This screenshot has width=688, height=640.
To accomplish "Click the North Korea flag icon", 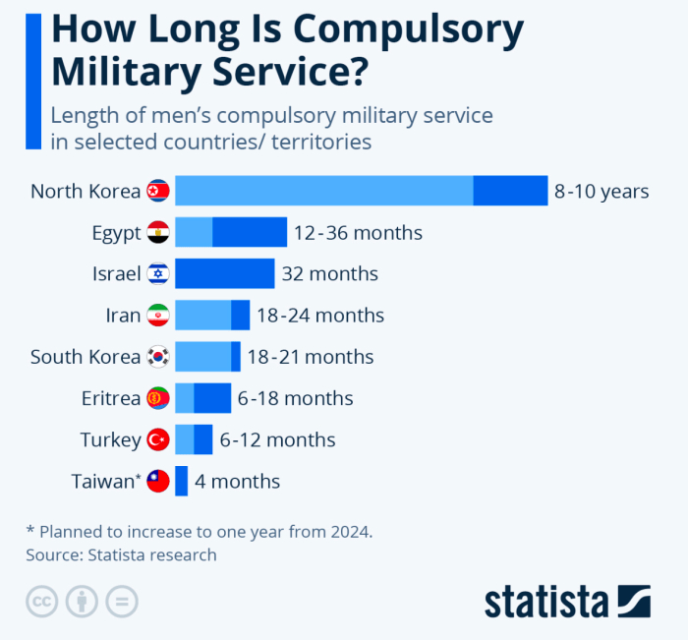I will (x=158, y=191).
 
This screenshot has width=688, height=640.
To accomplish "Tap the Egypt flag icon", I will (x=158, y=233).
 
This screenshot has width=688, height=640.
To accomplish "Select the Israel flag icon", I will (x=158, y=274).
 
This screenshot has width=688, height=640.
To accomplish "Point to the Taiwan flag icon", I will (x=158, y=481).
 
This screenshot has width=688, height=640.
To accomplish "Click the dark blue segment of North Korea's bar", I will (x=510, y=191).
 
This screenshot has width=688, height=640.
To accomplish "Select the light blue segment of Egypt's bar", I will (x=194, y=233).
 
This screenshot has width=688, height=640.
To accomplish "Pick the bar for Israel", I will (x=224, y=274).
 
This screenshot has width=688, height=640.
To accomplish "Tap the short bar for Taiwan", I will (x=181, y=481).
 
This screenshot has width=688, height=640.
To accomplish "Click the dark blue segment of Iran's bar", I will (x=240, y=316).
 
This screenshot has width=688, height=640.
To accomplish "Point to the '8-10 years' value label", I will (x=602, y=191).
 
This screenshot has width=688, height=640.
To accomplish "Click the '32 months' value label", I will (x=329, y=274).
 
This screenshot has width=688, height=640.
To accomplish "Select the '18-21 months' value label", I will (x=310, y=357).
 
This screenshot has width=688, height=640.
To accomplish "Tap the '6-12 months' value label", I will (x=277, y=439).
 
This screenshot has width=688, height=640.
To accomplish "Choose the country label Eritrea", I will (x=111, y=398).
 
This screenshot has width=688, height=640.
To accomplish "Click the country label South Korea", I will (x=86, y=357).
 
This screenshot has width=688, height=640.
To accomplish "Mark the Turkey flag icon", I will (x=158, y=439).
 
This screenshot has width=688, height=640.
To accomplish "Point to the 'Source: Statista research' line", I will (x=121, y=554).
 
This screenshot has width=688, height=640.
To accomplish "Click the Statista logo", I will (x=567, y=601).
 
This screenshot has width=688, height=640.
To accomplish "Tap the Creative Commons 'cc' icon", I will (x=42, y=602).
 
